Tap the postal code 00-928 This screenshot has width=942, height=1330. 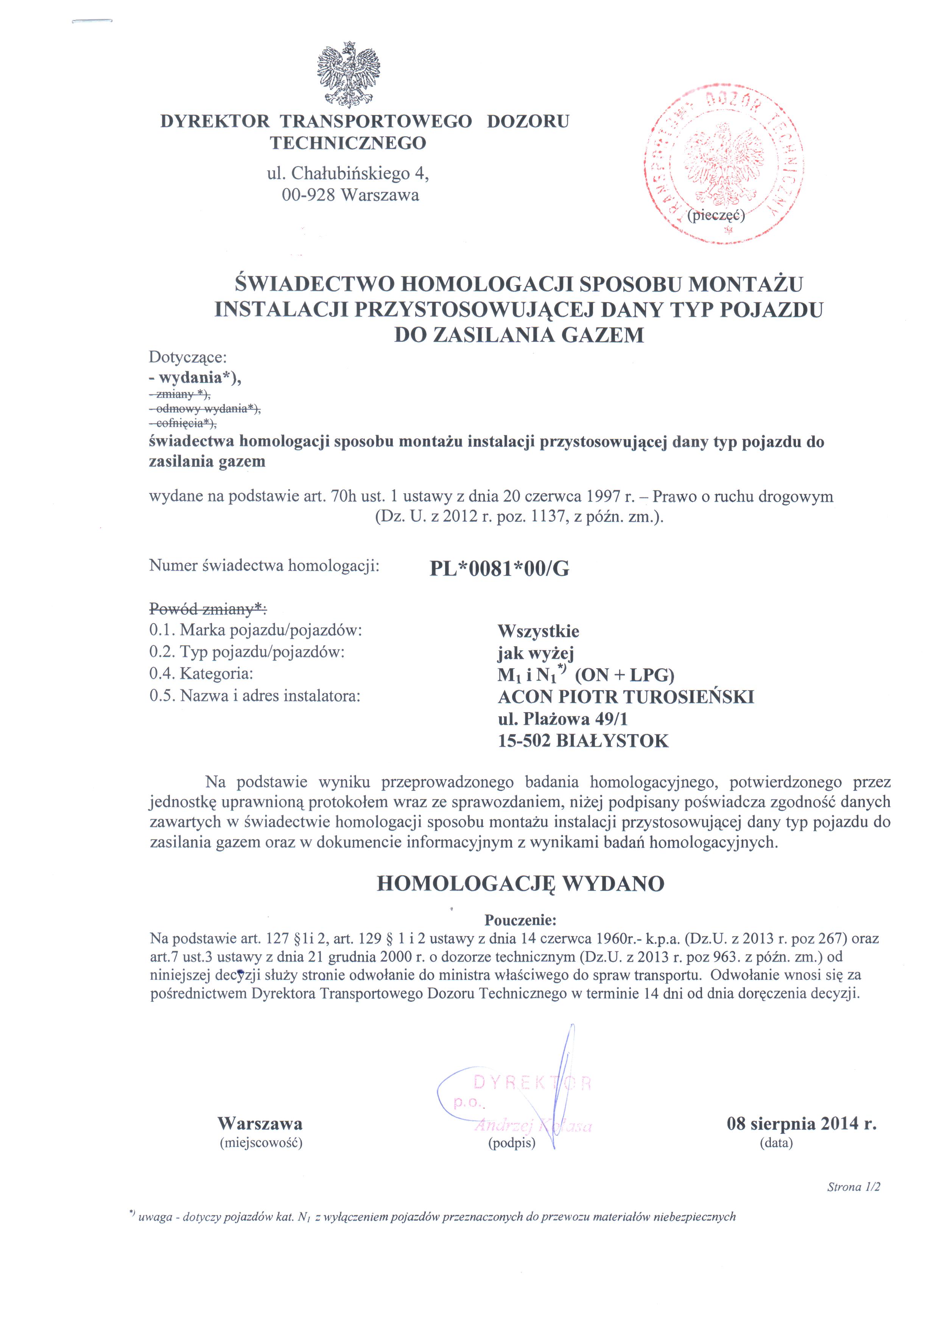point(308,195)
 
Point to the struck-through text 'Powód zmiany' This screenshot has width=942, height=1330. point(207,609)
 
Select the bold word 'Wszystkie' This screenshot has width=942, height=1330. point(538,631)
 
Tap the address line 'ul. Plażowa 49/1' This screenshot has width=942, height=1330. point(563,719)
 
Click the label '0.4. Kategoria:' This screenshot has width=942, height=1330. point(201,674)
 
